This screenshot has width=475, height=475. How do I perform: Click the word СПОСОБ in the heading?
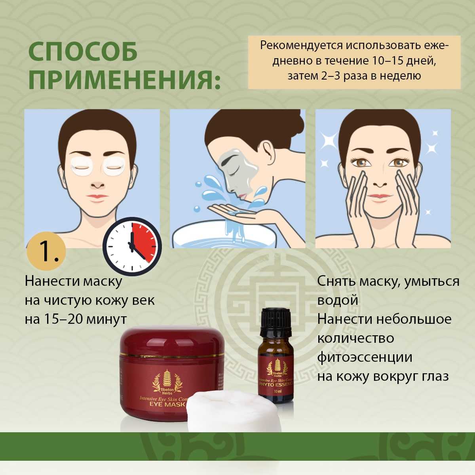click(83, 51)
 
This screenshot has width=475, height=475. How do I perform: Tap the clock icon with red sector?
click(132, 246)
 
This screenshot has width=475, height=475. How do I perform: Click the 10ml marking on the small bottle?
click(277, 391)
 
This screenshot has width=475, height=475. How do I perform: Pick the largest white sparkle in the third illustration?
click(328, 140)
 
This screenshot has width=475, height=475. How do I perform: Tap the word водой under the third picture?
click(338, 300)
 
